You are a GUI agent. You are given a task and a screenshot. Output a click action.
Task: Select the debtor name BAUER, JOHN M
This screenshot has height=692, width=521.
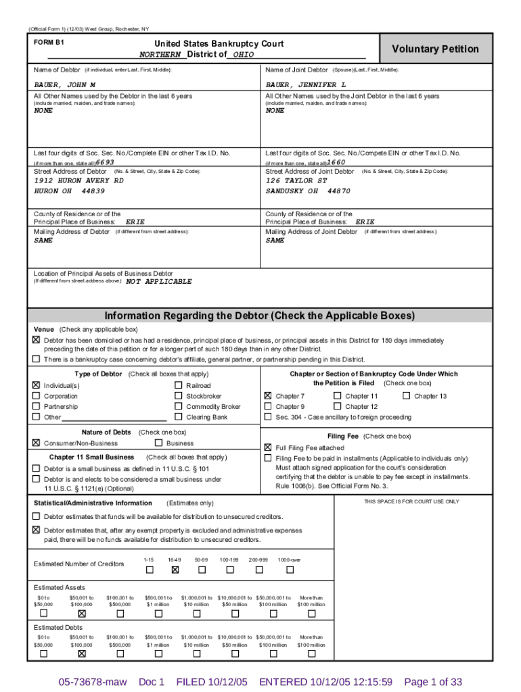pos(65,85)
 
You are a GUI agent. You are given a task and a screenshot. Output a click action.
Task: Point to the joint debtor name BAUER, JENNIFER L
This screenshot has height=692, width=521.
pos(306,85)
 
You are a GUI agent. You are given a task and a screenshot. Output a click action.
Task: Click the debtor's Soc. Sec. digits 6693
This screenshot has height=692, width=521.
pos(105,162)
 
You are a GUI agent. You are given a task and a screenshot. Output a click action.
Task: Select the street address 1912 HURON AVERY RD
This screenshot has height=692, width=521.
pos(79,180)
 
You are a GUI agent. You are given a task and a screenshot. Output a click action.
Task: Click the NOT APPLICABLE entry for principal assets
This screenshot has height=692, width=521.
pos(159,281)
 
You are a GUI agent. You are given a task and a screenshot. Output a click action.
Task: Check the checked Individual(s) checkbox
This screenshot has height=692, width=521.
pos(37,385)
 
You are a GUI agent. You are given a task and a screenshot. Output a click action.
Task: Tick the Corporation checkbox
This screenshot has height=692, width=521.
pos(37,396)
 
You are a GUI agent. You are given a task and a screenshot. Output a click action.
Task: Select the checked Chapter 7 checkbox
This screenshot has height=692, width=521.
pos(268,395)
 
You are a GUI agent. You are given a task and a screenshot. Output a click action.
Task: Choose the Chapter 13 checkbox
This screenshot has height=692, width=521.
pos(406,395)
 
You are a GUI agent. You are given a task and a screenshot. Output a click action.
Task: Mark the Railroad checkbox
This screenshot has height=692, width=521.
pos(179,385)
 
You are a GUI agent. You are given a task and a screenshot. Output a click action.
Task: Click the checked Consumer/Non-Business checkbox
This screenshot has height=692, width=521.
pos(37,443)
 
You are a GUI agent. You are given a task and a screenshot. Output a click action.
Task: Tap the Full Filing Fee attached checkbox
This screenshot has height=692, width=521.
pos(268,447)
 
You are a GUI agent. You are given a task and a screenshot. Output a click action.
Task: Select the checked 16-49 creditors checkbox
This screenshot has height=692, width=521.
pos(175,570)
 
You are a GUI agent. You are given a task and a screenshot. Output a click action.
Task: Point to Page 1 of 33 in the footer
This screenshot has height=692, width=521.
pos(432,682)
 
